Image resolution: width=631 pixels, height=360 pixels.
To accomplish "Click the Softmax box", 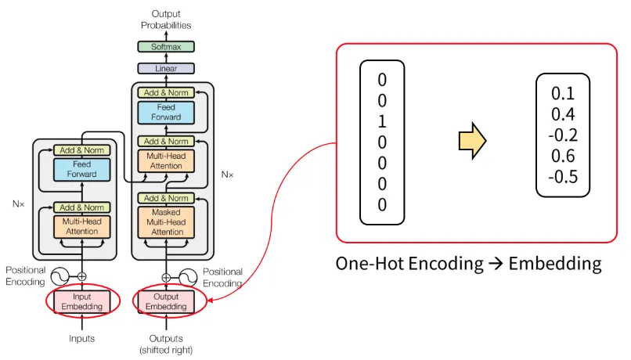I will [166, 47].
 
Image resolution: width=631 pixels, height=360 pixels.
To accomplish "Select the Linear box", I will [166, 69].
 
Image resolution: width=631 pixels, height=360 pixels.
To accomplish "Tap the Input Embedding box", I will [81, 301].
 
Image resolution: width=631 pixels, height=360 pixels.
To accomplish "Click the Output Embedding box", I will [166, 301].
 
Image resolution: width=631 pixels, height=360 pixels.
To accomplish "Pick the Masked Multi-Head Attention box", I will [166, 221].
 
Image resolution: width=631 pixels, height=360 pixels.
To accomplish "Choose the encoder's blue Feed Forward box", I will [81, 169].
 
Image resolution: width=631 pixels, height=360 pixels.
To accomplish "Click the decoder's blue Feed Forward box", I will [166, 112].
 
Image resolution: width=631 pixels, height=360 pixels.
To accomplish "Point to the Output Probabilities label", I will [166, 19].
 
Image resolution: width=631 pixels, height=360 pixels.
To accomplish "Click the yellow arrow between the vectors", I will [473, 141].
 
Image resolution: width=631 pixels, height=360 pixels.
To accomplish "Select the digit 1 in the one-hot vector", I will [381, 121].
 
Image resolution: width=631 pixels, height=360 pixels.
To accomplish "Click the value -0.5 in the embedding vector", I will [563, 177].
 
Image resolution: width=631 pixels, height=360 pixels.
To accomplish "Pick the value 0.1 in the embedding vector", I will [563, 93].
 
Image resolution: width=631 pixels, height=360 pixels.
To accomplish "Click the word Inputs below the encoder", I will [81, 338].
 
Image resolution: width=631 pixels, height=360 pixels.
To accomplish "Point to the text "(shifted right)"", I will [166, 350].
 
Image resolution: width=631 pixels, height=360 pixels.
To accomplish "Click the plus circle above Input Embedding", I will [81, 275].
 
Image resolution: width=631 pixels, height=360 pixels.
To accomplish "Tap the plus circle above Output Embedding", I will [166, 277].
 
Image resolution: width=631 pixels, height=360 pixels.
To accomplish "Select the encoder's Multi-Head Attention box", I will [81, 226].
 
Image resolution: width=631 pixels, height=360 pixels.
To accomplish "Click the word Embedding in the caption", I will [555, 263].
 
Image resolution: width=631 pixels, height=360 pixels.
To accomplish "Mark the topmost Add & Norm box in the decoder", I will [166, 93].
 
